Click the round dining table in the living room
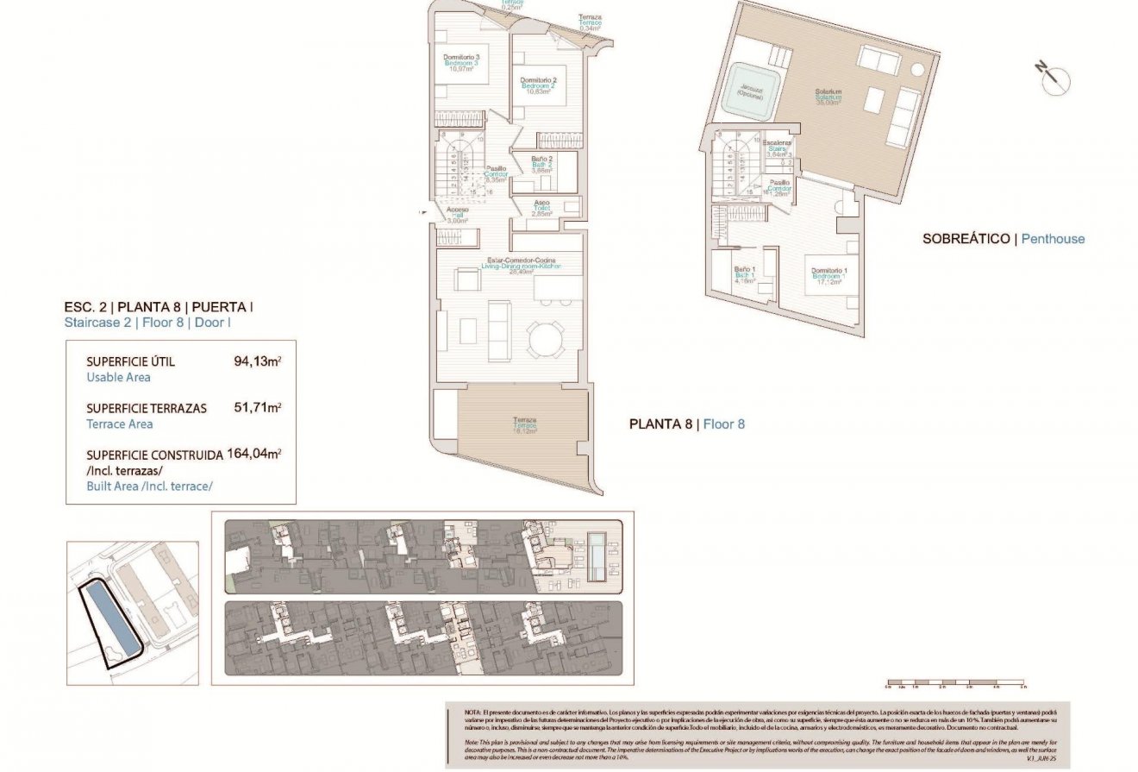[x=546, y=339]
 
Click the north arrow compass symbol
[x=1053, y=79]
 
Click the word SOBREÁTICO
[x=966, y=239]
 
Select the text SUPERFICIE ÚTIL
[x=130, y=362]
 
